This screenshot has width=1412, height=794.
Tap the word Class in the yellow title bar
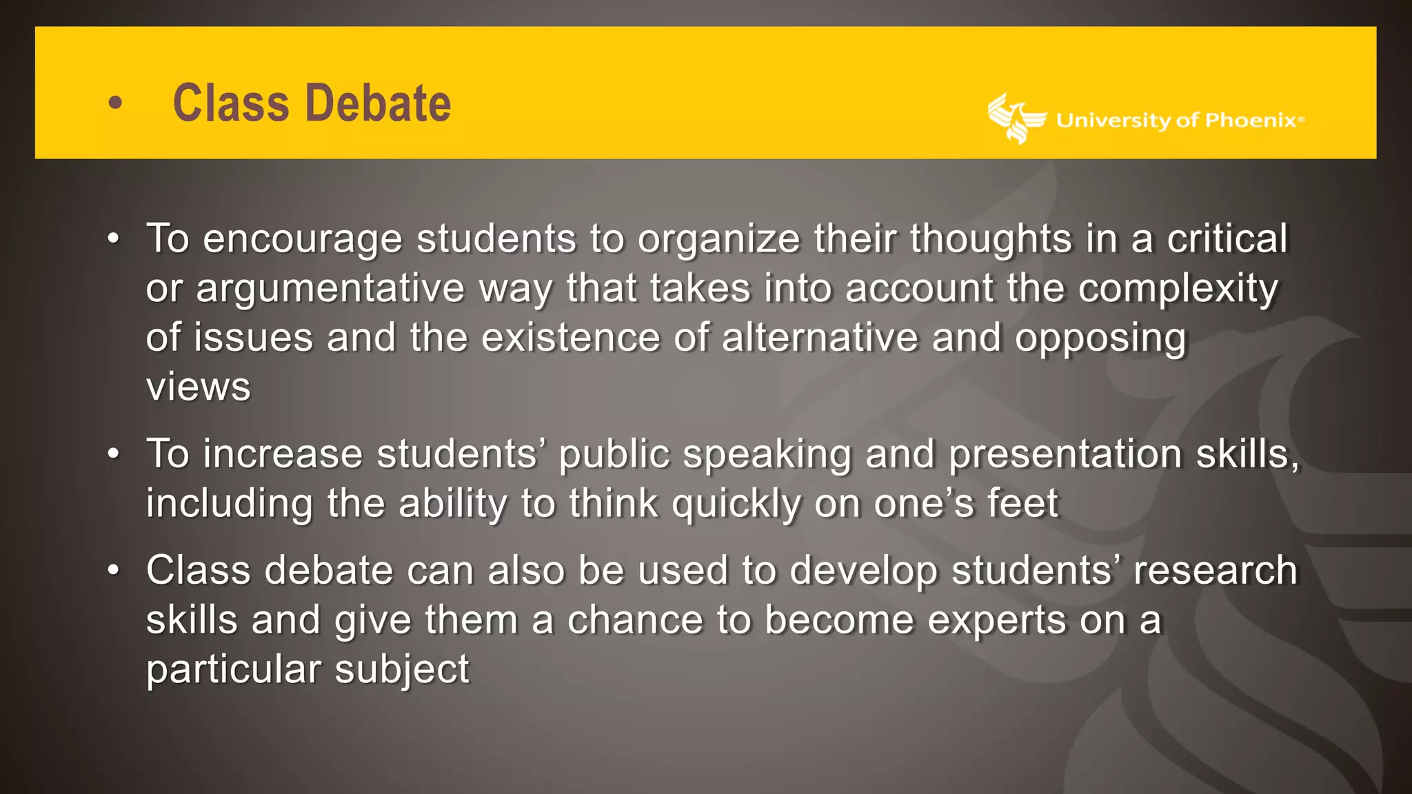click(x=231, y=103)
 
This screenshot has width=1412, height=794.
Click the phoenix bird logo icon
click(x=1015, y=119)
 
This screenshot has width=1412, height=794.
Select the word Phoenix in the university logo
click(x=1250, y=121)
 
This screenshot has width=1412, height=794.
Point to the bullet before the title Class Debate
click(x=115, y=103)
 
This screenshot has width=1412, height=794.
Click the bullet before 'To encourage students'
click(x=114, y=239)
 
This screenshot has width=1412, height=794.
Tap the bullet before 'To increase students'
click(x=114, y=454)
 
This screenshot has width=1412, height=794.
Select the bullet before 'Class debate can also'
click(x=114, y=571)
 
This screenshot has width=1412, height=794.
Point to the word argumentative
click(x=330, y=289)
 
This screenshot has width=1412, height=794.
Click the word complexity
click(x=1178, y=289)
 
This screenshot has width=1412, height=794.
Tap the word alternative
click(x=820, y=338)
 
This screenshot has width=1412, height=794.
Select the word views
click(x=199, y=387)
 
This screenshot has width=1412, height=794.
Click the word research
click(x=1215, y=571)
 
